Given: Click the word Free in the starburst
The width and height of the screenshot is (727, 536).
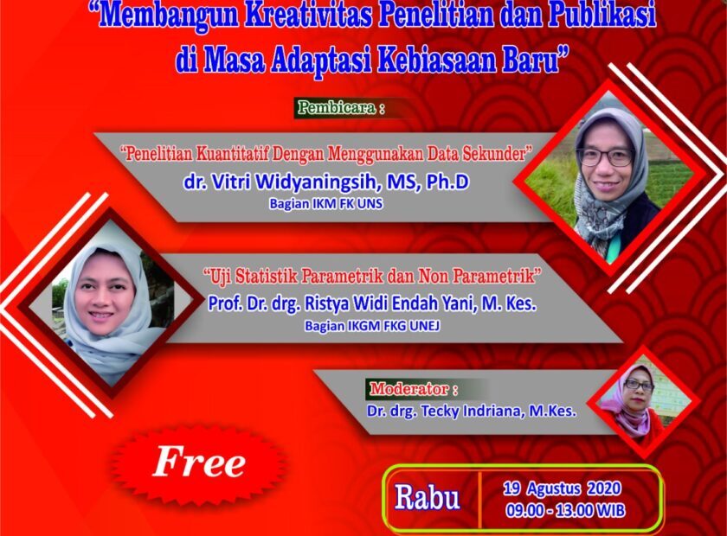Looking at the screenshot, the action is [199, 462].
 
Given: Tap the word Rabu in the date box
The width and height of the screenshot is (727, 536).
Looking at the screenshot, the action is [427, 499].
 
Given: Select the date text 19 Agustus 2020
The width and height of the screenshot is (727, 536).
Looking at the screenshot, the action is [562, 488].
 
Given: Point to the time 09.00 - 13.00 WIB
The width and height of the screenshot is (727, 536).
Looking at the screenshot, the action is [565, 511].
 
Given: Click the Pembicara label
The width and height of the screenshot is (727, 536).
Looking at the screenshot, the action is [336, 107].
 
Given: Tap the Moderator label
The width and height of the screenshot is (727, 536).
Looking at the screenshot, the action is [409, 388].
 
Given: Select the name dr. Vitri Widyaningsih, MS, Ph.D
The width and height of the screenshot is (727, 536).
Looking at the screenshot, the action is [326, 182].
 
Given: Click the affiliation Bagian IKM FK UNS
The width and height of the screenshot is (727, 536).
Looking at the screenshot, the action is [326, 204].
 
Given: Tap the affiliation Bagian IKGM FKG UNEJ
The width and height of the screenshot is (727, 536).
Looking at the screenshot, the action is [372, 326].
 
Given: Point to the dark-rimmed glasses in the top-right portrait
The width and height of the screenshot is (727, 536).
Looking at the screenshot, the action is [605, 156].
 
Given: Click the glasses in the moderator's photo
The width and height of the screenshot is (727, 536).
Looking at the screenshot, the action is [639, 385].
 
